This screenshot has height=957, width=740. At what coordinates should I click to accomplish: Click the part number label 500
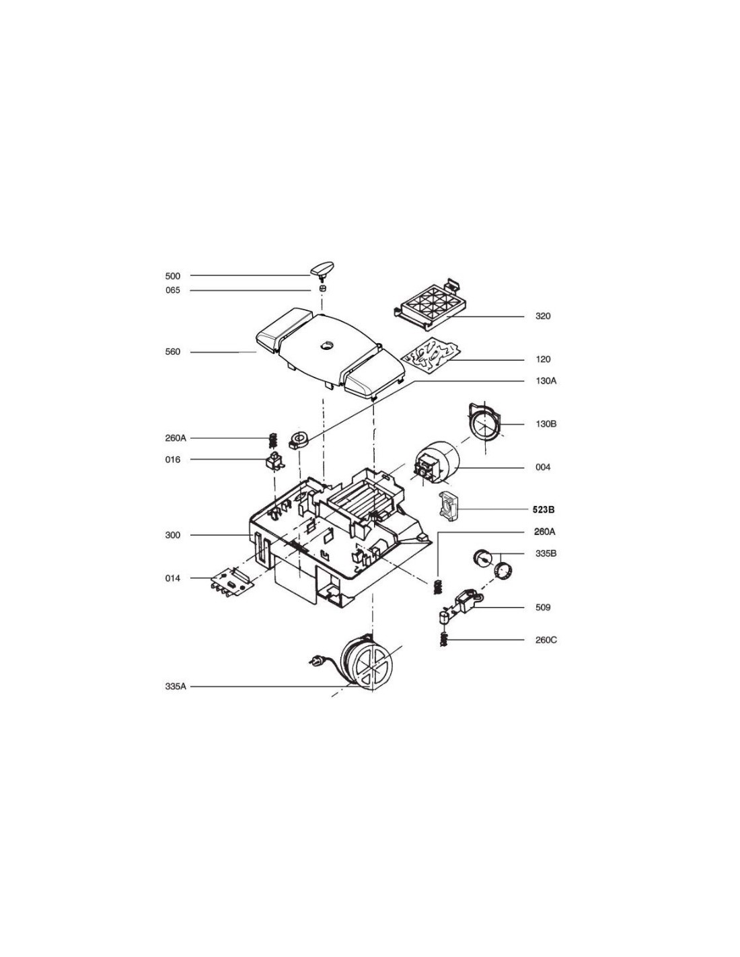point(173,276)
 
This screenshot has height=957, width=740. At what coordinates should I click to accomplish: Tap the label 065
point(173,291)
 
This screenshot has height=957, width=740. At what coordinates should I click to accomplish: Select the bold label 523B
point(543,510)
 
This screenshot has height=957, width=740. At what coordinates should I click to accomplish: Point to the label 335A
point(176,686)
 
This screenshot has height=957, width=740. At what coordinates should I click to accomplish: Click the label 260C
point(546,640)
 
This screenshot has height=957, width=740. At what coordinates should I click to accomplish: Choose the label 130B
point(546,424)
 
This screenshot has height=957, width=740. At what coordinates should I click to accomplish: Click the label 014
point(173,579)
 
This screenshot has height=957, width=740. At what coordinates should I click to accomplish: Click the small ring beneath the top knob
point(323,289)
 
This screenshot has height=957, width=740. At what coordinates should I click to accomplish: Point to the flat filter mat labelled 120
point(431,353)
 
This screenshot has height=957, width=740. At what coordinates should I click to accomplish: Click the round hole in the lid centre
point(326,345)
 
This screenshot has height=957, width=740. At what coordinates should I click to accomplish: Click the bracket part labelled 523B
point(448,507)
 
